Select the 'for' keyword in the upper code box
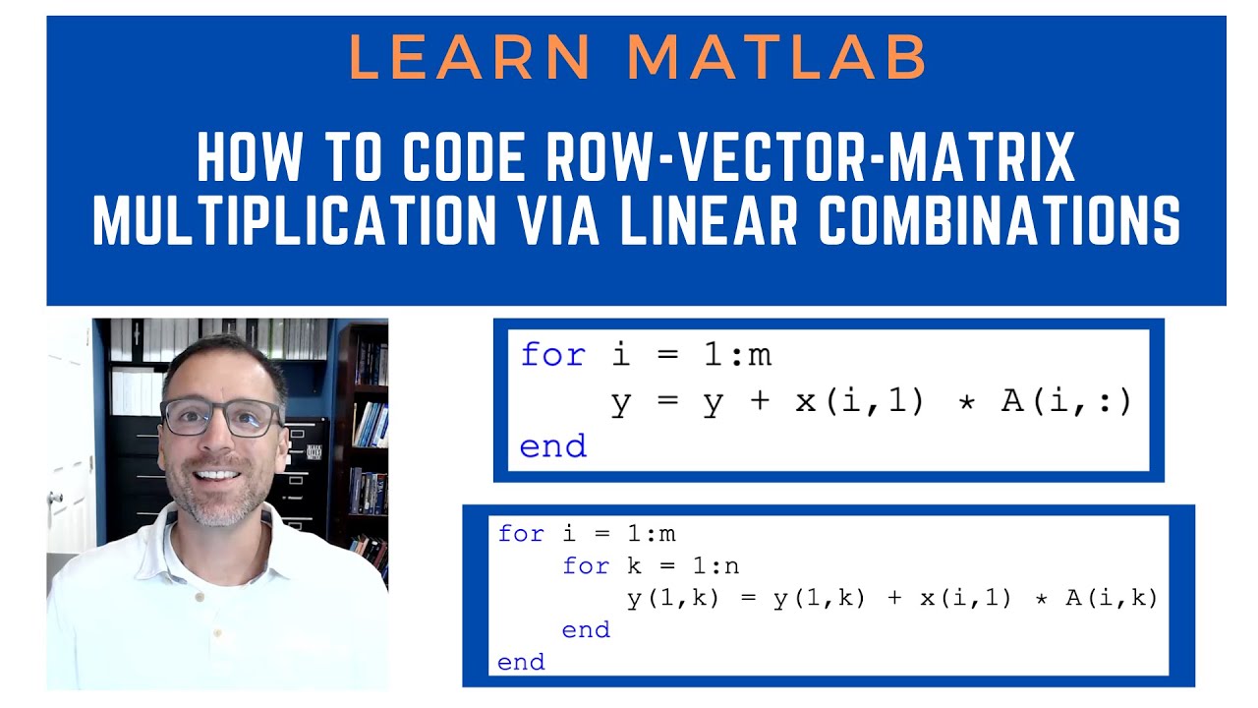[552, 354]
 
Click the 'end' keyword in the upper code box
[552, 447]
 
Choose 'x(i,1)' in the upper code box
[859, 401]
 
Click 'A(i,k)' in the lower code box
[1112, 598]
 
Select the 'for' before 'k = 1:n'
[586, 565]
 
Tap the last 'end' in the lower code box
[521, 662]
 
